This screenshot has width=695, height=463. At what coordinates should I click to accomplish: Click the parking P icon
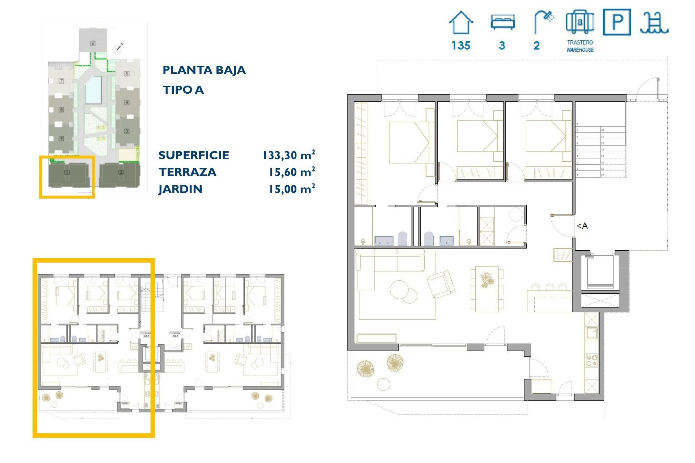point(616,22)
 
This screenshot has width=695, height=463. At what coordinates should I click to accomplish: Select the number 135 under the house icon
point(460,46)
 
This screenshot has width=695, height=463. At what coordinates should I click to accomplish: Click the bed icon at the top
point(502,22)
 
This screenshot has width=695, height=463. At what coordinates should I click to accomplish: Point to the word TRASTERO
point(580,42)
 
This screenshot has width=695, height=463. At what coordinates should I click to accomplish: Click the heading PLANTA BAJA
point(204,70)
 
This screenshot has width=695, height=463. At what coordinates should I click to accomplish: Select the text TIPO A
point(183,90)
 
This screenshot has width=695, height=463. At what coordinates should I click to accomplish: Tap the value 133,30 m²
point(288,155)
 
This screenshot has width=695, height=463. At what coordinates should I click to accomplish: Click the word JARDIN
point(180,189)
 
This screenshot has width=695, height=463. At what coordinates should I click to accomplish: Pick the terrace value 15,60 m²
point(291,172)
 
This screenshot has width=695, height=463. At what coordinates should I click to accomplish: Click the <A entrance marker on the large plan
point(582,226)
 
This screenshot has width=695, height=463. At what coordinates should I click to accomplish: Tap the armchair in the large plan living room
point(441,284)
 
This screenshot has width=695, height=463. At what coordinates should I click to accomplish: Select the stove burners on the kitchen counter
point(592,361)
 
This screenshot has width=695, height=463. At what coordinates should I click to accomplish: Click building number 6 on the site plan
point(93,43)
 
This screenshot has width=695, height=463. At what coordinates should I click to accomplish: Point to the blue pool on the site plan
point(93,89)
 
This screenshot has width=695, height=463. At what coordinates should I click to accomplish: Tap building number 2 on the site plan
point(121,173)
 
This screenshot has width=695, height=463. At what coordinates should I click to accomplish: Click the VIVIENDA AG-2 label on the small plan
point(175,335)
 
